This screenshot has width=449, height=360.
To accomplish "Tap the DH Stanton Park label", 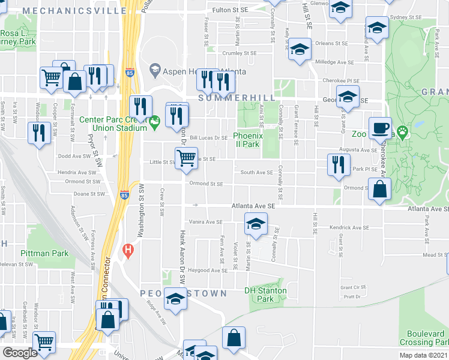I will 265,295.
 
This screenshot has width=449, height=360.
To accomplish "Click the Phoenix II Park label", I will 246,140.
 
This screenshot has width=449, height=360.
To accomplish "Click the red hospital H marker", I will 127,249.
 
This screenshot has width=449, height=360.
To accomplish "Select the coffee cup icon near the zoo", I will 379,128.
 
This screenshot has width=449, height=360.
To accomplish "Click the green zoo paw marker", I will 401,130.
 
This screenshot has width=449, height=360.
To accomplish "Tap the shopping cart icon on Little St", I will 186,158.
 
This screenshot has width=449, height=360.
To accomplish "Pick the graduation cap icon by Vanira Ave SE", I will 256,224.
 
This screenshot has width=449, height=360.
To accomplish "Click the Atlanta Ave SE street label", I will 253,206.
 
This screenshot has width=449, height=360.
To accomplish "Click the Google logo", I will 20,353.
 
